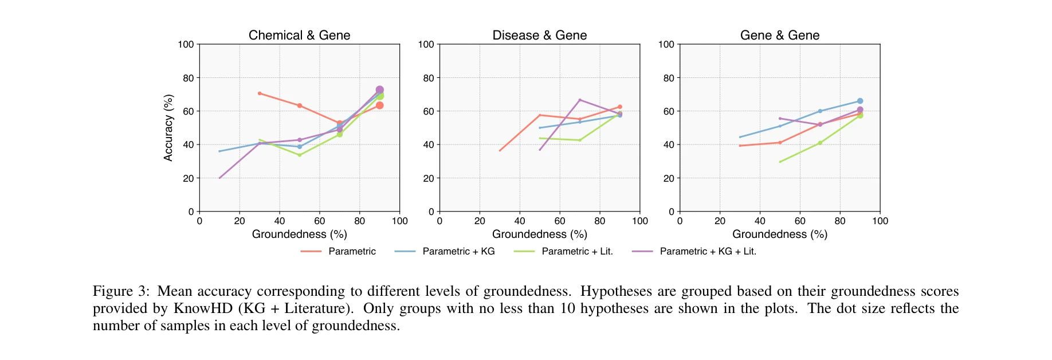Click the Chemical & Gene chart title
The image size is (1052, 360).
coord(299,35)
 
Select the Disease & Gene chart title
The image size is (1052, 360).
coord(539,35)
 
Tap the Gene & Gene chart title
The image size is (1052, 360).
coord(779,35)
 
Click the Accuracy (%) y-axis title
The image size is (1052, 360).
coord(168,128)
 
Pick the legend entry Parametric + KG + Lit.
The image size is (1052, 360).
coord(708,251)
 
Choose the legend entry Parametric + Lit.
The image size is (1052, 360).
coord(577,251)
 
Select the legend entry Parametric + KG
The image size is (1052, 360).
coord(458,251)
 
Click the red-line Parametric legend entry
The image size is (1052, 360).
coord(352,251)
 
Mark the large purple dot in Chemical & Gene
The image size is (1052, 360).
coord(379,90)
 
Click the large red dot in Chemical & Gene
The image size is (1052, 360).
coord(379,105)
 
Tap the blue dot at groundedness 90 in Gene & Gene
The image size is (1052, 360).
coord(859,101)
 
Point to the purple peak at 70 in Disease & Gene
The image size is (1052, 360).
coord(580,100)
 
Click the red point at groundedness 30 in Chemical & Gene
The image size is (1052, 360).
coord(260,93)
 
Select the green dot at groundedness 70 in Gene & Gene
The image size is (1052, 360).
coord(820,143)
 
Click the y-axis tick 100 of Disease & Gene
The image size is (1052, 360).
coord(426,44)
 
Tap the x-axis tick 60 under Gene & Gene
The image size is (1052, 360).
coord(800,221)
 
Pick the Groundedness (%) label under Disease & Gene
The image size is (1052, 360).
coord(539,234)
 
